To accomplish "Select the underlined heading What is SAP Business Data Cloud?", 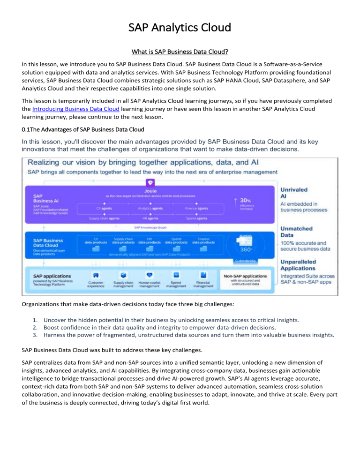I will pos(180,50).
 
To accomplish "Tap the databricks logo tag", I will pos(261,261).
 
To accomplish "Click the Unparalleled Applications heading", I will pos(304,267).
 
